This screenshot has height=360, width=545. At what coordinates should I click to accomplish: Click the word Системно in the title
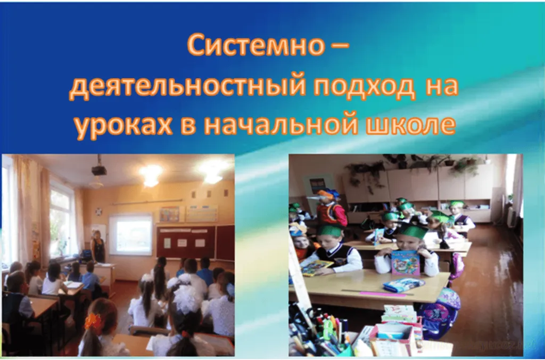(255, 45)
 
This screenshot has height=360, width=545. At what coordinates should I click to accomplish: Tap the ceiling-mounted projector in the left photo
(99, 169)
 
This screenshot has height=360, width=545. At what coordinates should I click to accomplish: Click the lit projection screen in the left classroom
(131, 234)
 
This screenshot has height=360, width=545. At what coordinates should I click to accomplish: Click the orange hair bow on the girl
(93, 321)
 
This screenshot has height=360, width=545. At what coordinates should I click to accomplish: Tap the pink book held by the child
(405, 262)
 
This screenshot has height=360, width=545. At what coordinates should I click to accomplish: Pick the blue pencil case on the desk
(403, 284)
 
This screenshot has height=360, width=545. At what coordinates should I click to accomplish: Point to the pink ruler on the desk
(383, 294)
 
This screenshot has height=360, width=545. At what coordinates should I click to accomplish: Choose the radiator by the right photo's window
(511, 217)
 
